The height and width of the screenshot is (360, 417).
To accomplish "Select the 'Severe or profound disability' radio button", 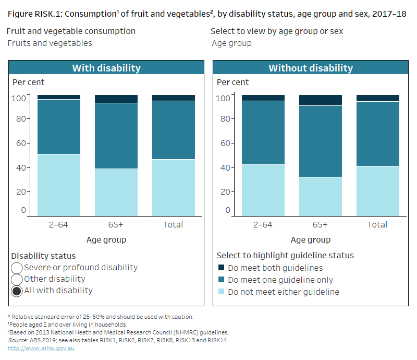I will pos(17,268).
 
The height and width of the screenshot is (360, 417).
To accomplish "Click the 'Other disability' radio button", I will pos(17,279).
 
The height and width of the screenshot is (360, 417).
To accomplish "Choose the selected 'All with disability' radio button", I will pos(17,291).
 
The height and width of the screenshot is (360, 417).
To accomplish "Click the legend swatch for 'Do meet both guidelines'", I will pos(221,268).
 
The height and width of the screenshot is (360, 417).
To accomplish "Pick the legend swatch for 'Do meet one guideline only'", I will pos(221,280).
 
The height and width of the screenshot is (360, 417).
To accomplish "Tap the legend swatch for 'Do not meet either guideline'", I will pos(221,292).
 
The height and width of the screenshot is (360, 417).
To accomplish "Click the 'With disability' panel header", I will pos(106,68).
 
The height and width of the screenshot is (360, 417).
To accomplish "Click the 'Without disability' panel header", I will pos(310,68).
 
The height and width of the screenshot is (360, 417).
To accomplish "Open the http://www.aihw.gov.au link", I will pos(41,348).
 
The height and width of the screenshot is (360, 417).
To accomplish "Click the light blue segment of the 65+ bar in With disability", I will pos(116,192).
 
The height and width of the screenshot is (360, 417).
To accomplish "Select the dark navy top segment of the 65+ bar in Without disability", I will pos(320,100).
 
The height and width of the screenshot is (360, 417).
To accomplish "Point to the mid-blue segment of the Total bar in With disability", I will pos(173,130).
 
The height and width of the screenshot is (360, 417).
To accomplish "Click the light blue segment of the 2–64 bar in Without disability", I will pos(263,190).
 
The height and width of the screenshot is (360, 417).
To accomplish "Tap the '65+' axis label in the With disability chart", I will pos(116,225).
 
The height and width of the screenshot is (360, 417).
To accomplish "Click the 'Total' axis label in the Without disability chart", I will pos(377,225).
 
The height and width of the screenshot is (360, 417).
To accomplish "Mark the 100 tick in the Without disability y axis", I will pos(223,98).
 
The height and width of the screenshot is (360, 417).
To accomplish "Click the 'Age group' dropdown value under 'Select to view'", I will pos(231,43).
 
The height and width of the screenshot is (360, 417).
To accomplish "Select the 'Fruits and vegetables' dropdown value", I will pos(50,43).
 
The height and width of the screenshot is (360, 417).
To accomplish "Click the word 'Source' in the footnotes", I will pos(17,340).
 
